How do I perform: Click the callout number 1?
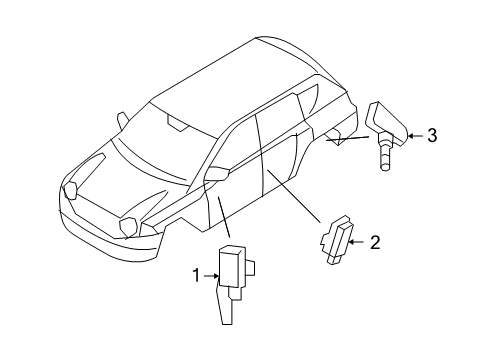coord(197,274)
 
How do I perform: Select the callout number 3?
coord(432,136)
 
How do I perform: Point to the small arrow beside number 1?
coord(210,274)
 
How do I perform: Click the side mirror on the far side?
coord(123,118)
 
